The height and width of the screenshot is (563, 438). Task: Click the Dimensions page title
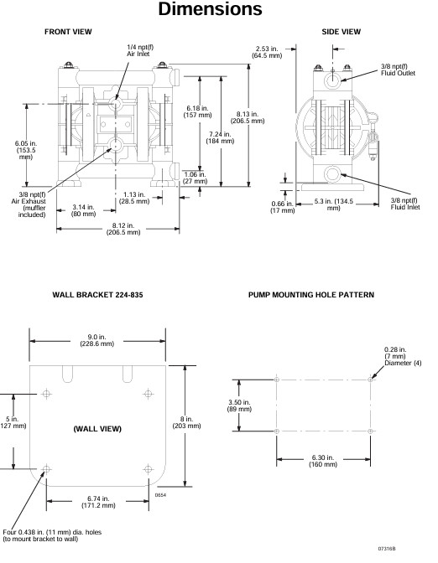(210, 8)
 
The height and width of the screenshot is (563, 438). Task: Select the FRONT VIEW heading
(68, 32)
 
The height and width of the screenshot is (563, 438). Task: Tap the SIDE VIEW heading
(341, 32)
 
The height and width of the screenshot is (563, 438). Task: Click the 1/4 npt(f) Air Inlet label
(140, 50)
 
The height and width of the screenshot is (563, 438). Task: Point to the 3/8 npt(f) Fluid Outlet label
(398, 70)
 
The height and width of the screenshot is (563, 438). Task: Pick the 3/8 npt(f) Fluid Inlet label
(405, 204)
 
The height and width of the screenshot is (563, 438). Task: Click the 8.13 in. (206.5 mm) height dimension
(248, 117)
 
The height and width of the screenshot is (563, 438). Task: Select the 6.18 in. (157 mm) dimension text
(197, 111)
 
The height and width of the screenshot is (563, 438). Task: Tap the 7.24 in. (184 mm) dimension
(220, 137)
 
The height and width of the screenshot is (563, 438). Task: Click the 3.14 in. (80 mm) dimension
(83, 210)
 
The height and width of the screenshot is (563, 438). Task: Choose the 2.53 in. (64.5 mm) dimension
(267, 52)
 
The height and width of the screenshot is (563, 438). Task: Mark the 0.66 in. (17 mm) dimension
(282, 207)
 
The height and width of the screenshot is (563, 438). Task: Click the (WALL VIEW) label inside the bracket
(97, 429)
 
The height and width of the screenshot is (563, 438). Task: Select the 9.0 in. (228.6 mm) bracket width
(96, 340)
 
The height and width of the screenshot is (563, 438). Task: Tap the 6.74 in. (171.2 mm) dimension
(98, 502)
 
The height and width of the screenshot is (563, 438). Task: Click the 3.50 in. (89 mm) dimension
(239, 405)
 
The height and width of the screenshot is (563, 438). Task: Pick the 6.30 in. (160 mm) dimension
(323, 461)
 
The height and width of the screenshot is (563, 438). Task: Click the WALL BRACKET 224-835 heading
(97, 295)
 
